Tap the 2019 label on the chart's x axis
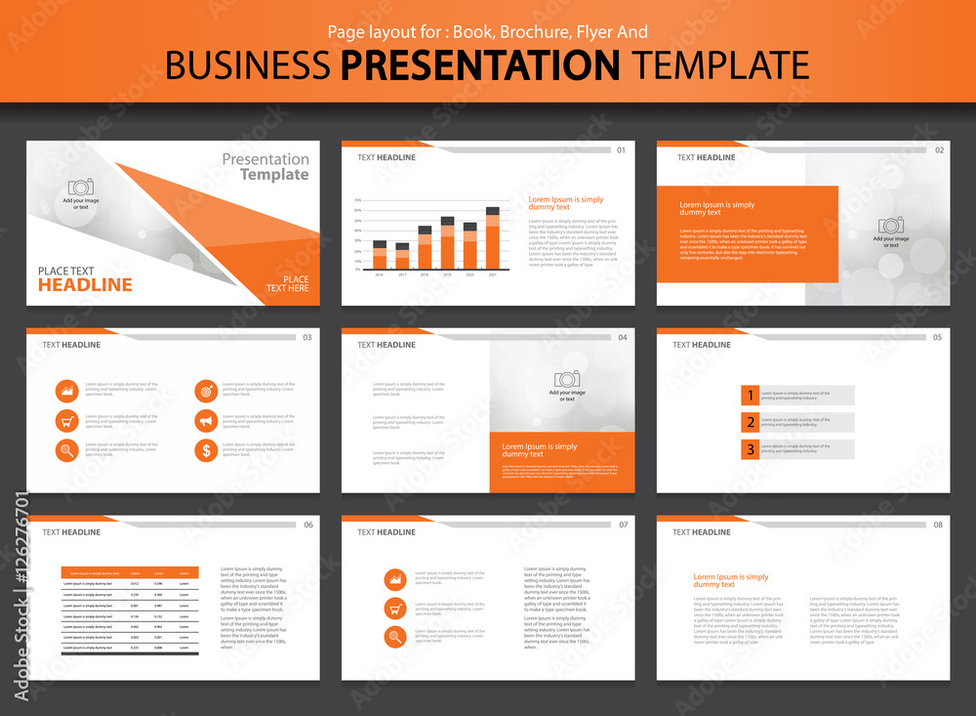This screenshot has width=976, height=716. pos(447,275)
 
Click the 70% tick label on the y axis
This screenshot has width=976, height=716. pos(358,199)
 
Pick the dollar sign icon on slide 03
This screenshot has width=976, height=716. pos(206,450)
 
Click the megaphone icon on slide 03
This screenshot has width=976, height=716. pos(206,421)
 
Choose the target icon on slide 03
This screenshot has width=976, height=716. pos(206,391)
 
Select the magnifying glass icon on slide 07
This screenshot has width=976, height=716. pos(395,638)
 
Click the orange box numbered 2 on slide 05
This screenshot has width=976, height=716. pos(750,422)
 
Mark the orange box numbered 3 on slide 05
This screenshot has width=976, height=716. pos(750,449)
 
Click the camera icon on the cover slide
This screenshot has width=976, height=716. pos(81,187)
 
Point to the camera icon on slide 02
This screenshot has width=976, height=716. pos(891,225)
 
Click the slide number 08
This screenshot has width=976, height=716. pos(938,525)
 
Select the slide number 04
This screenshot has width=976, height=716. pos(623,337)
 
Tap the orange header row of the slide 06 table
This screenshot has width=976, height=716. pos(130,572)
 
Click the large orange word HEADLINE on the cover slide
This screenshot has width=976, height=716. pos(85,285)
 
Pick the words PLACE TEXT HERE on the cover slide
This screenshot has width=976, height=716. pos(288,284)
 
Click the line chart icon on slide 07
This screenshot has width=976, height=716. pos(395,579)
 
